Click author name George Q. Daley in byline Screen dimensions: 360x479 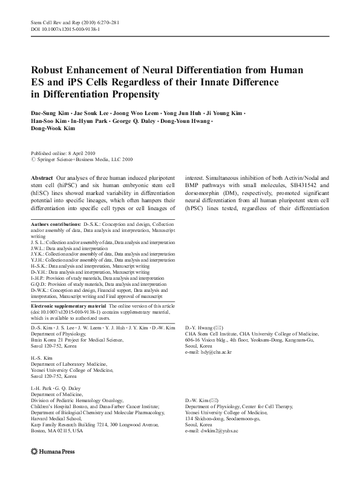click(x=131, y=122)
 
